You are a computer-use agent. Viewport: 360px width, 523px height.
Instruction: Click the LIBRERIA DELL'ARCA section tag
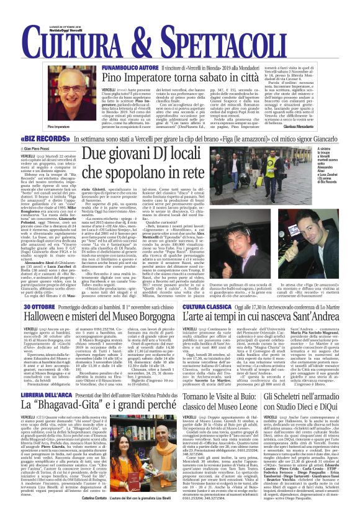point(48,395)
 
